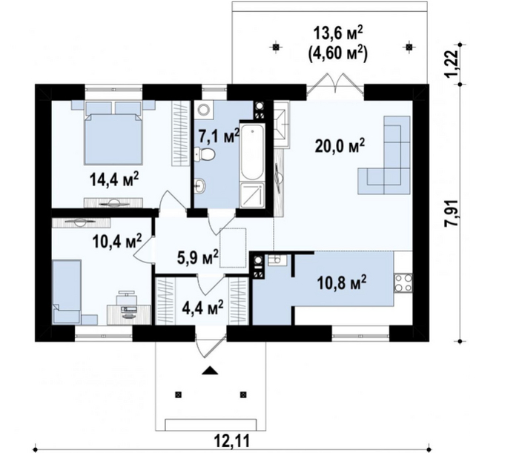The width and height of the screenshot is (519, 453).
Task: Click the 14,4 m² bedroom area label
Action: coord(114,179)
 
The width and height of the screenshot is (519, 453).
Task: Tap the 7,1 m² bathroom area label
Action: coord(219,136)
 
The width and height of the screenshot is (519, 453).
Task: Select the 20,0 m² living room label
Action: coord(340,146)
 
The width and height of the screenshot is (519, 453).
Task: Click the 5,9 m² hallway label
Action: coord(198,257)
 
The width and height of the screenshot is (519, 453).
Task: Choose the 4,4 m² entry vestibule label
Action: coord(202,308)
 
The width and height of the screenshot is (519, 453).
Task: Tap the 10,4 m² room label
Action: coord(117,241)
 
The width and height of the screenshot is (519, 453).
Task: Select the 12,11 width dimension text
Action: coord(231,440)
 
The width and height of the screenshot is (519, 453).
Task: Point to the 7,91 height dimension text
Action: coord(452,213)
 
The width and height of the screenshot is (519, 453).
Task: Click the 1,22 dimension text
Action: coord(453,63)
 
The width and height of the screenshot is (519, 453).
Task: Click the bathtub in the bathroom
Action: coord(252,152)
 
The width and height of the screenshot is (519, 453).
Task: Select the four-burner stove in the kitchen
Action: coord(403,283)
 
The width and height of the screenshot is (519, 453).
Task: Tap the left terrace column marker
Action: coord(276,47)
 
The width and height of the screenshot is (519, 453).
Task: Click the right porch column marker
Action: coord(243,394)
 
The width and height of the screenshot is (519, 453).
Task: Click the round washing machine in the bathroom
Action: coord(204,109)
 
